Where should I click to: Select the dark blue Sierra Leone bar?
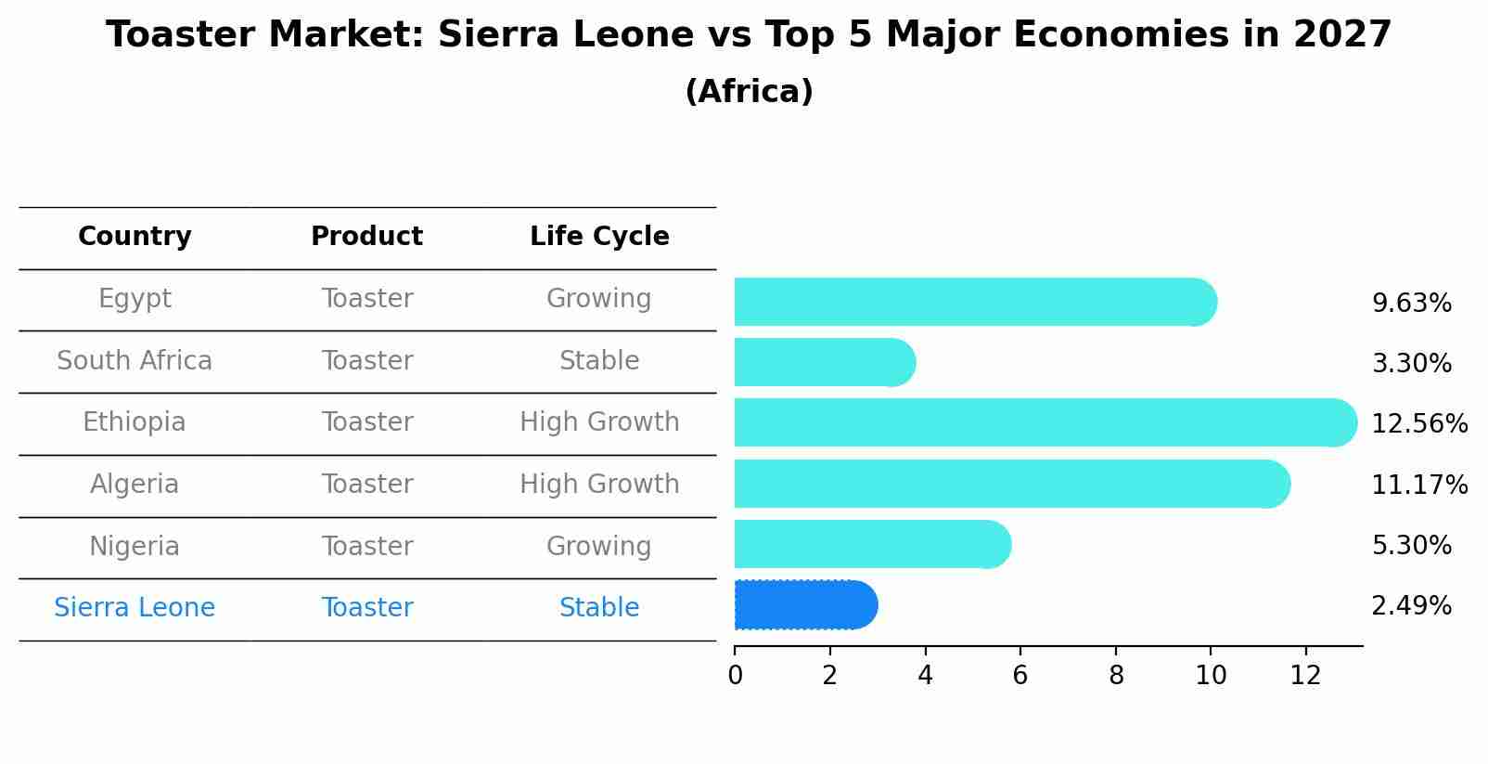(803, 605)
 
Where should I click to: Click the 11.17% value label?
(1418, 485)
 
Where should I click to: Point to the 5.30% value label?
(1411, 545)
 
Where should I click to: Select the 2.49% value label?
(1411, 606)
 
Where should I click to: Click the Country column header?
(135, 237)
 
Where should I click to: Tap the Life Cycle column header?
(599, 237)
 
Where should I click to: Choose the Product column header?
(366, 237)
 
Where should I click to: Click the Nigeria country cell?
(135, 546)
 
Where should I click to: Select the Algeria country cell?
(135, 485)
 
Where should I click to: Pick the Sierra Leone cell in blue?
(135, 608)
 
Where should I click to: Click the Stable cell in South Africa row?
(599, 361)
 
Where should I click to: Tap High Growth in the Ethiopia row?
(599, 422)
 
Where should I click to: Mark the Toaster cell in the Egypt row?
(367, 299)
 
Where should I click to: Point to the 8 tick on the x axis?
(1116, 675)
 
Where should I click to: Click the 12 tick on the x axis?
(1305, 675)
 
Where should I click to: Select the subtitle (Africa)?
(749, 91)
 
